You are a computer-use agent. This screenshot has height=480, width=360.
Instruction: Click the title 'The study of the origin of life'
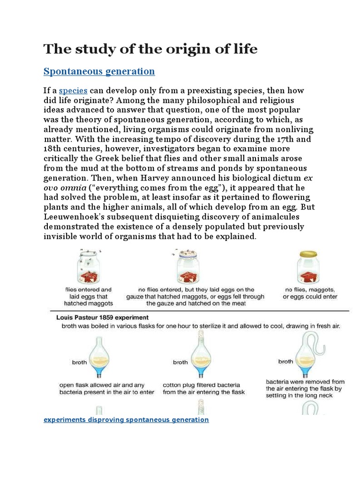tap(150, 49)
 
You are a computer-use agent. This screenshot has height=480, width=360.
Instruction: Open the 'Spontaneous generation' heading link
tap(99, 71)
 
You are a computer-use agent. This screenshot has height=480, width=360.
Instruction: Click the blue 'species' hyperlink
tap(73, 90)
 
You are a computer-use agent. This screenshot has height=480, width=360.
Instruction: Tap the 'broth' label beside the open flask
tap(79, 362)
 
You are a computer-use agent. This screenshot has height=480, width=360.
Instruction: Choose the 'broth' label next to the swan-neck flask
tap(285, 361)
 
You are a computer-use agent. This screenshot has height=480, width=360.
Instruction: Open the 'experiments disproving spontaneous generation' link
tap(126, 420)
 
